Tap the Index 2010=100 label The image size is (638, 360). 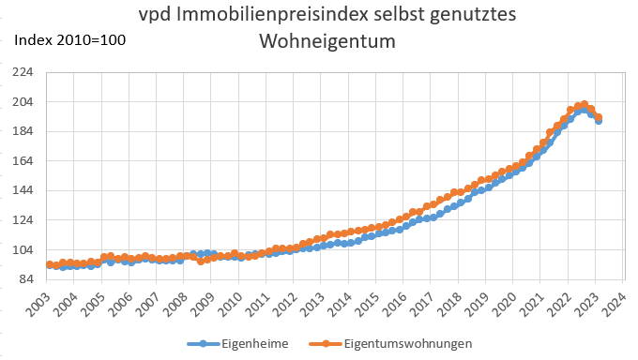pyautogui.click(x=69, y=40)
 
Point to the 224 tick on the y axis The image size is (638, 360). pyautogui.click(x=22, y=72)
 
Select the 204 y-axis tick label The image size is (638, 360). pyautogui.click(x=22, y=101)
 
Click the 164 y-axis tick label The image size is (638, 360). pyautogui.click(x=22, y=161)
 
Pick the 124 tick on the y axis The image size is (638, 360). pyautogui.click(x=22, y=220)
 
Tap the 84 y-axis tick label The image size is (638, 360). pyautogui.click(x=24, y=279)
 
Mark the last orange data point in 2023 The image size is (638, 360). pyautogui.click(x=599, y=117)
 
